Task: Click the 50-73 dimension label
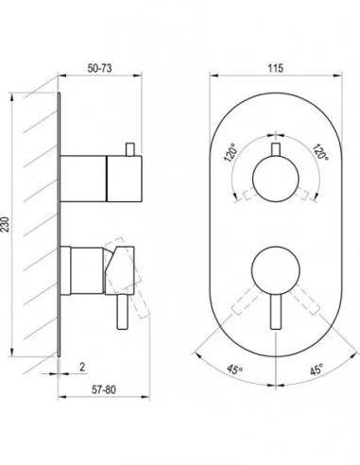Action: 99,68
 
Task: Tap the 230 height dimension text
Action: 6,224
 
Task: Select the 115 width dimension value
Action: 276,68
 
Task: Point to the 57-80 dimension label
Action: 104,389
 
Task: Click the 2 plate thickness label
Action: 82,367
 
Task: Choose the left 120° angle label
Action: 231,152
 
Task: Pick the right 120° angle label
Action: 320,151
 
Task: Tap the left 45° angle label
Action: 235,370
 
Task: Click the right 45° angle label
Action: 317,370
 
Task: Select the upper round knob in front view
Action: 276,179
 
